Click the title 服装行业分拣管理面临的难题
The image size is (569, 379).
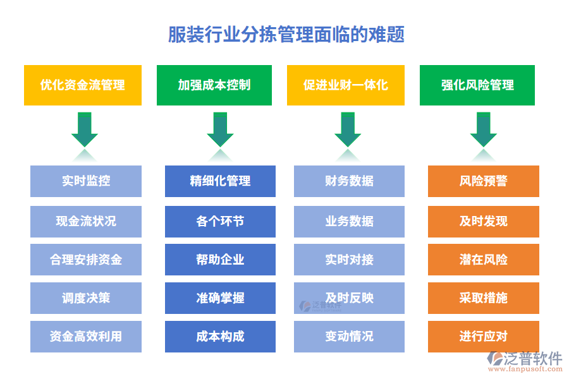[x=286, y=33]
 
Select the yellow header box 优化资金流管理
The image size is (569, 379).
[x=82, y=85]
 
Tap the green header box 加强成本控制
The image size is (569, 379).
[x=214, y=85]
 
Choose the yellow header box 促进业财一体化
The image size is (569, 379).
[x=345, y=85]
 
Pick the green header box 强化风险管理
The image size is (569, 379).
[x=477, y=85]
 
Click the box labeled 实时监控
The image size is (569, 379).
[x=86, y=181]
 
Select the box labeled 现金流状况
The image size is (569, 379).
[x=86, y=221]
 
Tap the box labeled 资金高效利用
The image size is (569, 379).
[x=86, y=337]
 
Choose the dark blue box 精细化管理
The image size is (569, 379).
[x=220, y=181]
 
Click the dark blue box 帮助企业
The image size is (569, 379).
[x=220, y=260]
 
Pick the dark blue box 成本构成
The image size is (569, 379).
[x=220, y=337]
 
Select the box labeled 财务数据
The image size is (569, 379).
[x=349, y=181]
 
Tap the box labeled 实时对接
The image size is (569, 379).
[x=349, y=260]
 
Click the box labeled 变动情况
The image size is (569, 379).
[x=349, y=337]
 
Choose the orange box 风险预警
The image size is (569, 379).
[x=483, y=181]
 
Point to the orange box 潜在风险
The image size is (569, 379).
[x=483, y=260]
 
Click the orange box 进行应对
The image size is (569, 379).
[x=483, y=337]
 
